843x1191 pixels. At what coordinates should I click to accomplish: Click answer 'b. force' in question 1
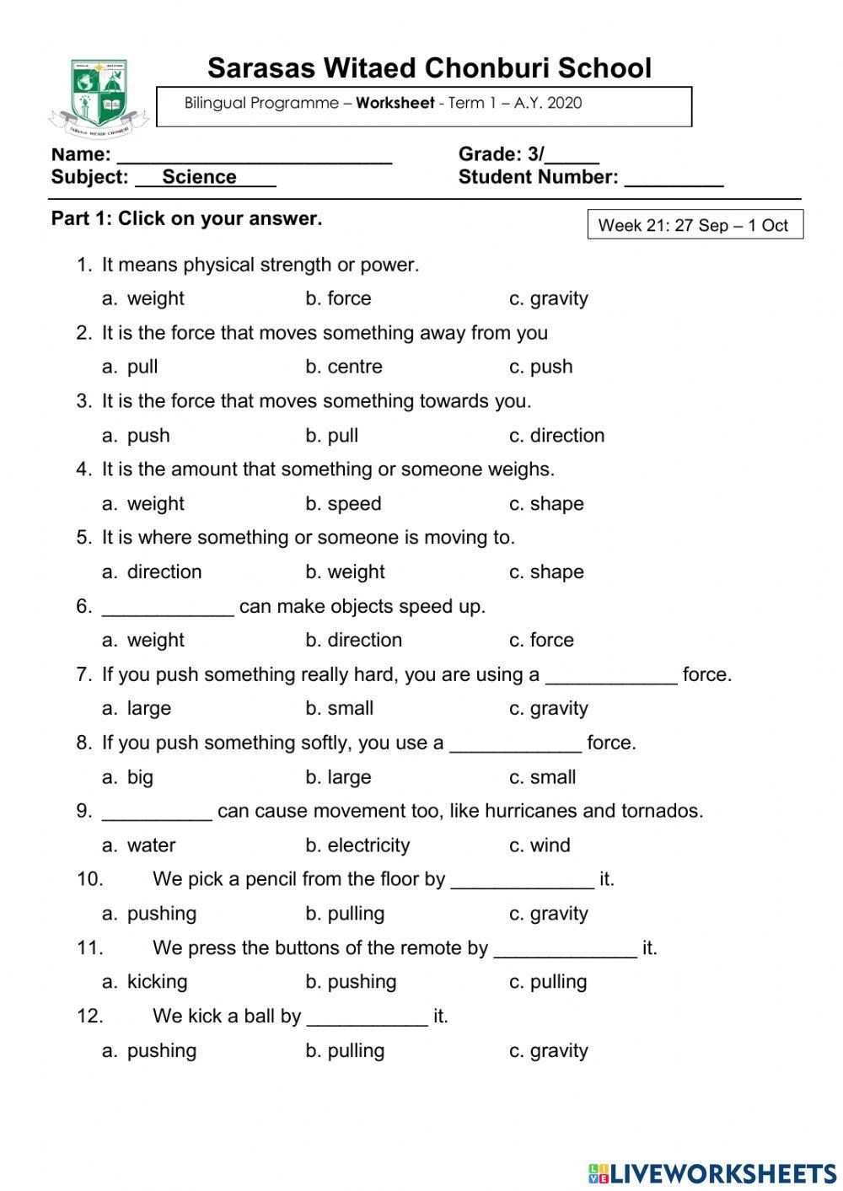[338, 298]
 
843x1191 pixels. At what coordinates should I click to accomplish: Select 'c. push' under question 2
[541, 367]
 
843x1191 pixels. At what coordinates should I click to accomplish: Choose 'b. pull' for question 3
[332, 436]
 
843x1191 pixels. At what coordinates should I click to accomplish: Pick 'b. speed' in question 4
[343, 504]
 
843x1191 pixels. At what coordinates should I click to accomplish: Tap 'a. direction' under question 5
[153, 571]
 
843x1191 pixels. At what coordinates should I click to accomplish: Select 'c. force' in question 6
[541, 640]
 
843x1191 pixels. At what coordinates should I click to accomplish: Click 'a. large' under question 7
[137, 708]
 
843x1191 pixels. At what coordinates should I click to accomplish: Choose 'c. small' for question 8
[543, 777]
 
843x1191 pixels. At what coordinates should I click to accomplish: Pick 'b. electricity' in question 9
[357, 845]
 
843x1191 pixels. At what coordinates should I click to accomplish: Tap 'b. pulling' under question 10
[345, 914]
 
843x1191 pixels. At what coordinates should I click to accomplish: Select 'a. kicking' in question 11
[145, 981]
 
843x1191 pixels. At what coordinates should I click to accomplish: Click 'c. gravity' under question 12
[549, 1050]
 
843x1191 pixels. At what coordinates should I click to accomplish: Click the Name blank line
[255, 157]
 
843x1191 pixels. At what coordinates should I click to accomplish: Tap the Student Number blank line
[674, 180]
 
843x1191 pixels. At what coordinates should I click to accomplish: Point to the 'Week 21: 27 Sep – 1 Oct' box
[695, 225]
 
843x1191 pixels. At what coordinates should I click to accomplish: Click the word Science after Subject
[199, 177]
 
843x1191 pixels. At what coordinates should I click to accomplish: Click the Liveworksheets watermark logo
[711, 1172]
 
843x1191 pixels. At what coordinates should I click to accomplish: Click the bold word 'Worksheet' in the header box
[395, 104]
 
